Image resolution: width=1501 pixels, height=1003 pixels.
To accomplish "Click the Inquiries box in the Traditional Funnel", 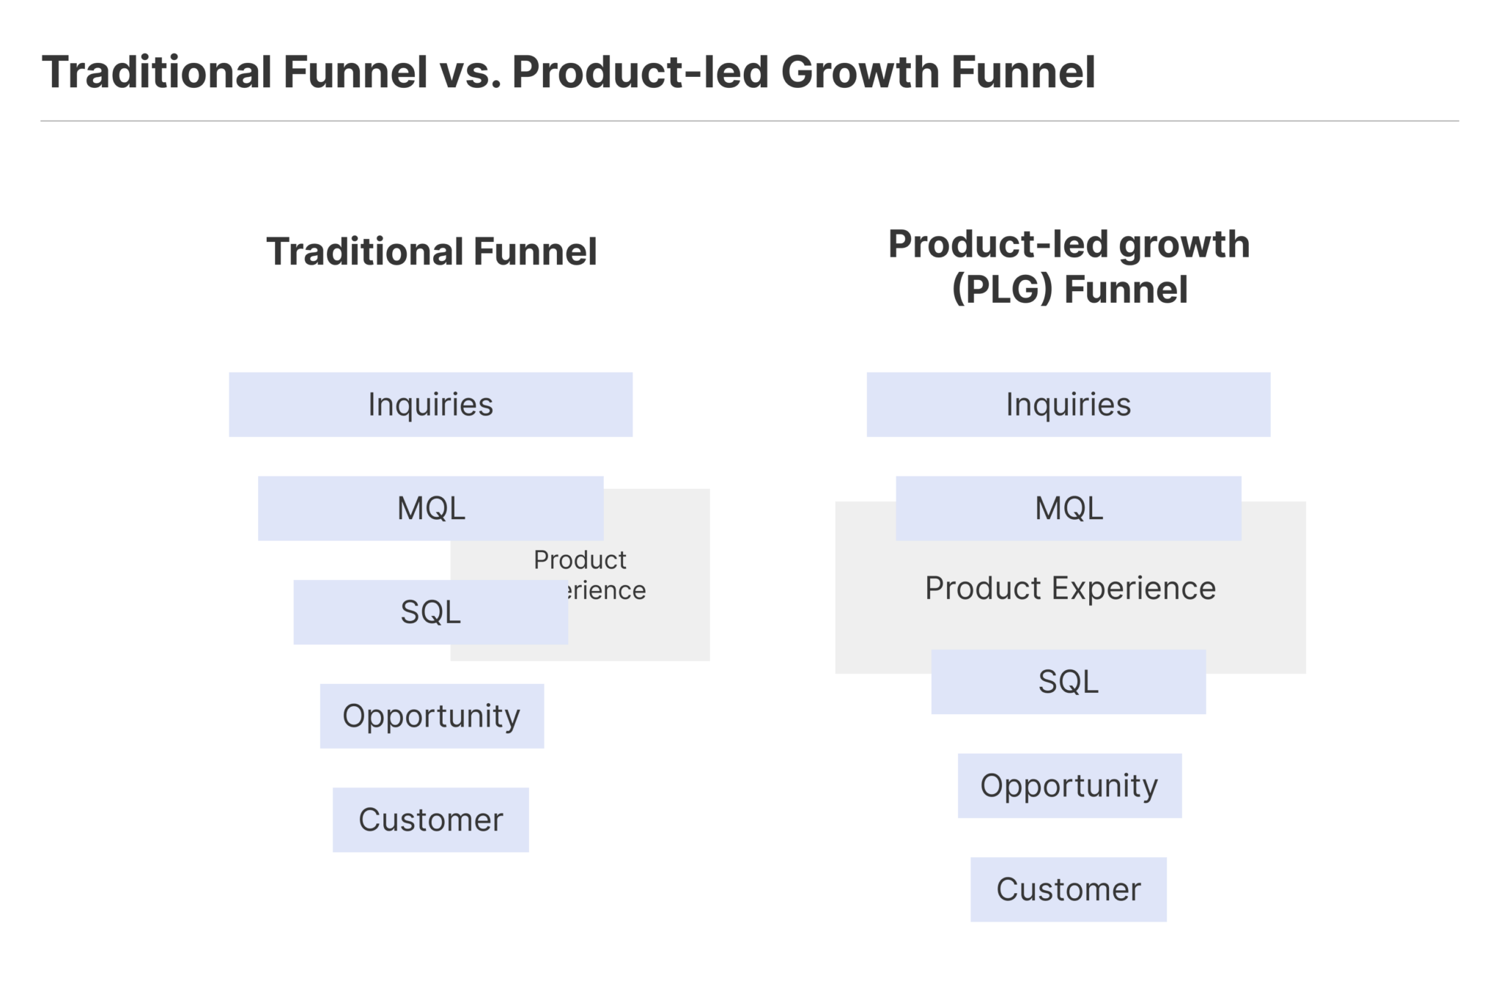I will (430, 405).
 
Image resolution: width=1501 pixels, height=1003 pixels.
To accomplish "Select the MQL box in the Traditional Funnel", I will (430, 508).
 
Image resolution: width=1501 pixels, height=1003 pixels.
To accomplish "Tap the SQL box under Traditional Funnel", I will (430, 612).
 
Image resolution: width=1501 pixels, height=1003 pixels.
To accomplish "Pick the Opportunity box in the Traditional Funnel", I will (432, 716).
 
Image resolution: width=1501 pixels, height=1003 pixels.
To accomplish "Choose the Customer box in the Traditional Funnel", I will (430, 820).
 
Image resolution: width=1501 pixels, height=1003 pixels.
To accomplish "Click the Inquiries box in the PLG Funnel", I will (1068, 405).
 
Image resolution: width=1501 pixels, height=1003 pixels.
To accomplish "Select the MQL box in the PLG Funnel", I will (1068, 508).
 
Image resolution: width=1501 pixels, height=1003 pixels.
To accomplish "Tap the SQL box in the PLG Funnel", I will (1068, 682).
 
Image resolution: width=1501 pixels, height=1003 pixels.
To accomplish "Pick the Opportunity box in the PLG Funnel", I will (1069, 786).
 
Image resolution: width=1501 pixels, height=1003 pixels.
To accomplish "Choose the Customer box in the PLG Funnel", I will (1068, 889).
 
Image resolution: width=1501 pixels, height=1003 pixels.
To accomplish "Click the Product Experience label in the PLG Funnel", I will (1070, 588).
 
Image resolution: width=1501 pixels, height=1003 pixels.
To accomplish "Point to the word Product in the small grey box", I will (580, 560).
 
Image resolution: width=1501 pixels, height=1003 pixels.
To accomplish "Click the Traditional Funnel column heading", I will (432, 251).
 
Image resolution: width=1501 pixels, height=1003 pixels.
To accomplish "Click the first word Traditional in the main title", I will (157, 73).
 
